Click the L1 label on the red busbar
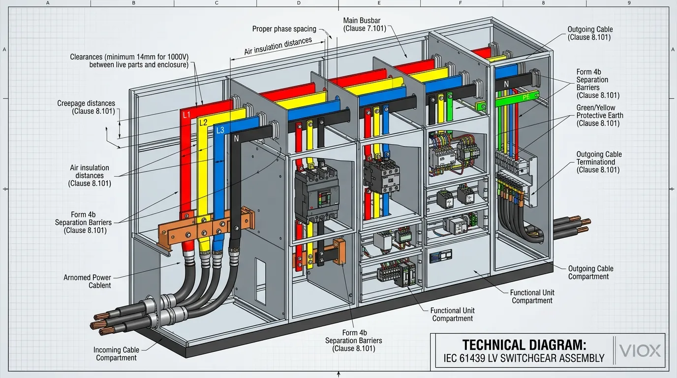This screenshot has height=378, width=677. [186, 115]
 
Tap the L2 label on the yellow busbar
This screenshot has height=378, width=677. [203, 123]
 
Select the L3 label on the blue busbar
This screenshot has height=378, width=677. [220, 130]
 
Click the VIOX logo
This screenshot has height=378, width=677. [640, 350]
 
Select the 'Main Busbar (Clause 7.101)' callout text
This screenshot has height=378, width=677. [362, 24]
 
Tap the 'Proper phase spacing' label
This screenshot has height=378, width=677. [284, 29]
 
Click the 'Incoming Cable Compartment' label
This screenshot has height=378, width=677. [116, 354]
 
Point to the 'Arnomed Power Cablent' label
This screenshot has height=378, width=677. [87, 282]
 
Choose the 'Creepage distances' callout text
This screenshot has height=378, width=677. [86, 107]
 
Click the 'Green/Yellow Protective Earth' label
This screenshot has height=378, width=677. [599, 115]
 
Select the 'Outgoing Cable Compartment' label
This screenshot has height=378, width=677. [590, 272]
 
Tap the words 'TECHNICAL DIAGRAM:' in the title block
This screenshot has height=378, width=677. [524, 345]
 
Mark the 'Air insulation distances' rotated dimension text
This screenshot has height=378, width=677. [278, 46]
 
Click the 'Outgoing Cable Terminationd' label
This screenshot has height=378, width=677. [599, 162]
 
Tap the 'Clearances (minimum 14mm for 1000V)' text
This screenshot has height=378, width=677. [129, 61]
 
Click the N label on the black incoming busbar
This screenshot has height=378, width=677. [236, 139]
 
